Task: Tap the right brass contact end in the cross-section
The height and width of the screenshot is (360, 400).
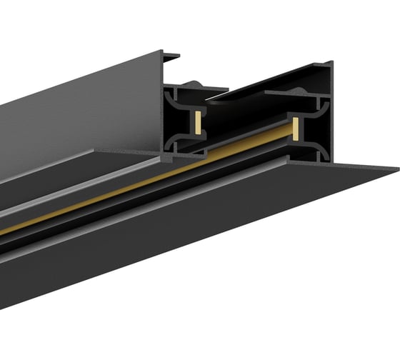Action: tap(293, 129)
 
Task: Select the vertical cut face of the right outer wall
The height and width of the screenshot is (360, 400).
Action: tap(328, 114)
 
